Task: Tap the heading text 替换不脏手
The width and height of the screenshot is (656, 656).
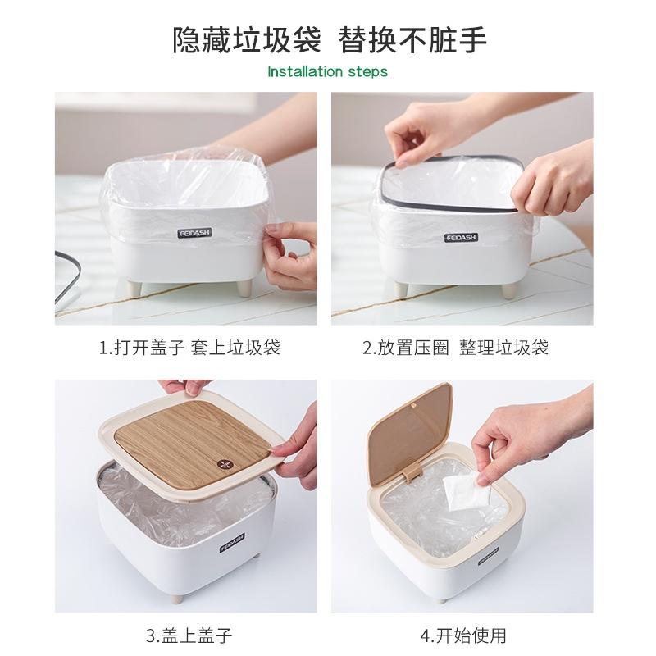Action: [417, 39]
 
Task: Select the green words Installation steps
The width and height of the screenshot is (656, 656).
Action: [328, 71]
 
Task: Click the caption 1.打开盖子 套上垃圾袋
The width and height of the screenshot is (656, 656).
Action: [189, 348]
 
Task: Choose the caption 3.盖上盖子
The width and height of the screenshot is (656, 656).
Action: [189, 634]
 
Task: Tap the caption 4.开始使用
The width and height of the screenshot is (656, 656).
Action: [463, 634]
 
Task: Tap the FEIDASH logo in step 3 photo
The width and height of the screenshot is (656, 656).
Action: [232, 544]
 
